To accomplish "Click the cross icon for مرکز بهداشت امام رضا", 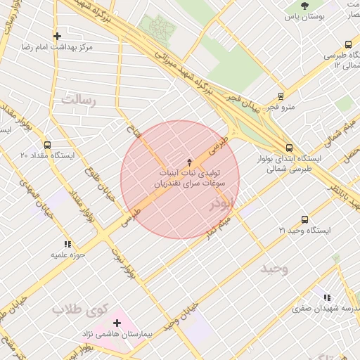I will [57, 36].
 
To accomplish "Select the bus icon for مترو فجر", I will [281, 96].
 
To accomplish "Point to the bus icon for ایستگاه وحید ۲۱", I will [304, 220].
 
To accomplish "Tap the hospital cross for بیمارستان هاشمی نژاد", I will [117, 323].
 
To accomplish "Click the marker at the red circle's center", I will [179, 162].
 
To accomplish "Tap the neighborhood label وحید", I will [274, 269].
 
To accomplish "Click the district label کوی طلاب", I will [79, 309].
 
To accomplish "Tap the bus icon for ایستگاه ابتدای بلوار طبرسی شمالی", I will [290, 148].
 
